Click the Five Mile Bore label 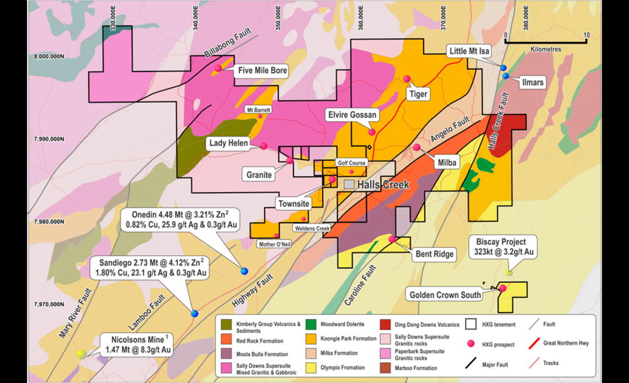tap(262, 71)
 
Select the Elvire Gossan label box tap(353, 115)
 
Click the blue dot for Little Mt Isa tap(503, 69)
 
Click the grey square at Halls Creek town tap(349, 184)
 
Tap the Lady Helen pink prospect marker tap(264, 146)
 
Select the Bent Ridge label tap(435, 254)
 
